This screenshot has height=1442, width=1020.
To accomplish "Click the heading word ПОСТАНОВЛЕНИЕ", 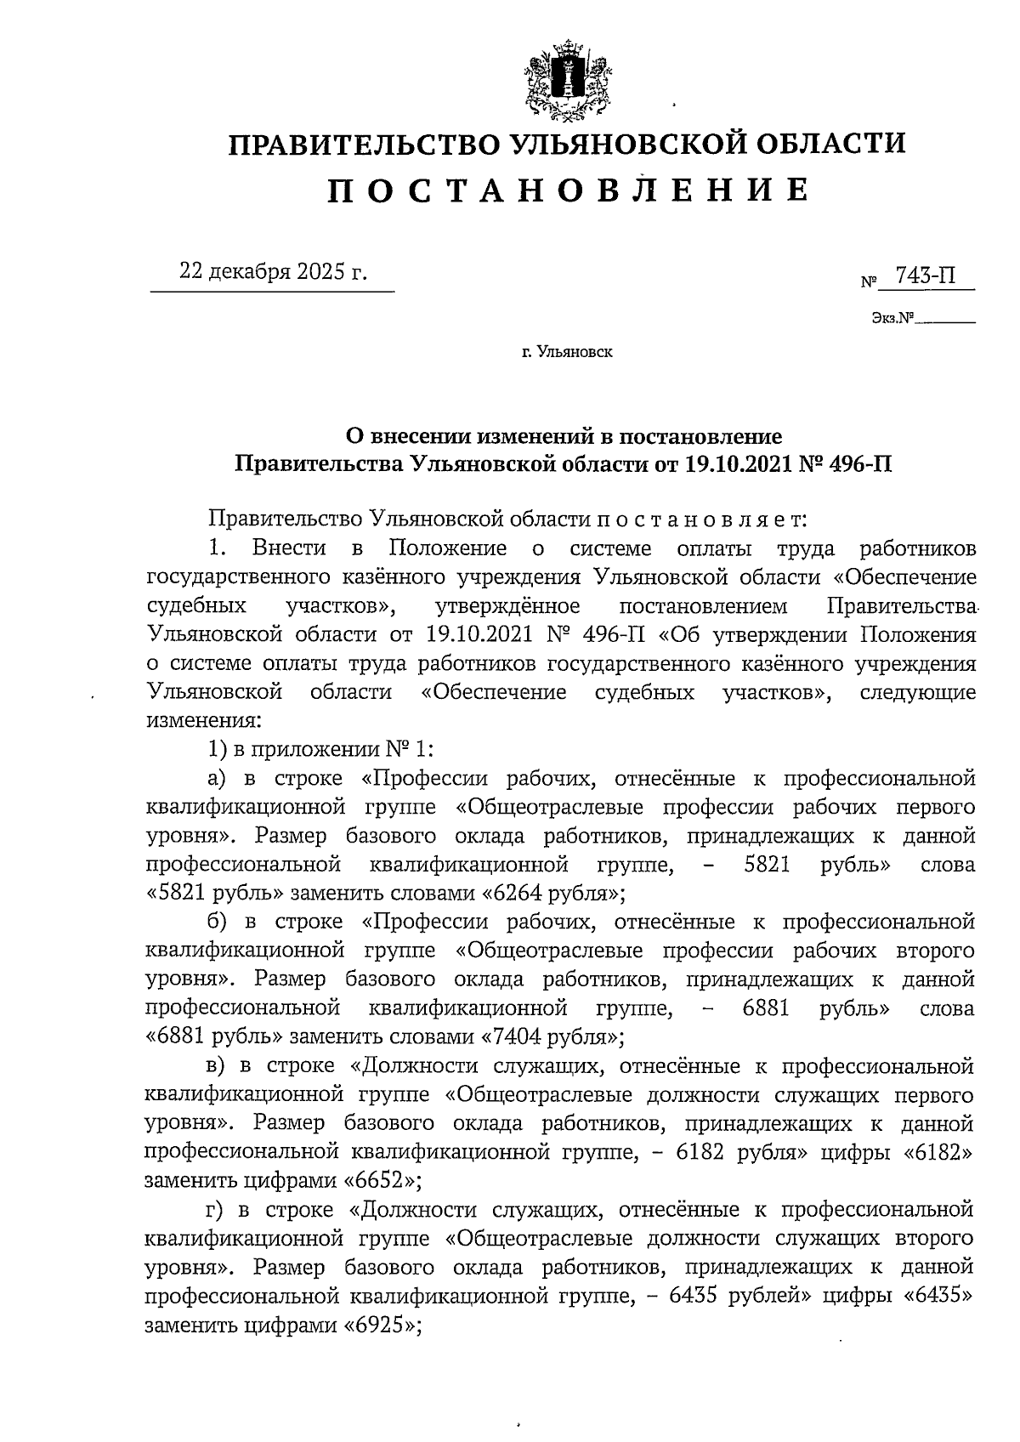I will pyautogui.click(x=568, y=190).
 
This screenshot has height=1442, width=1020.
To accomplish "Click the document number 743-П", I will pyautogui.click(x=919, y=276).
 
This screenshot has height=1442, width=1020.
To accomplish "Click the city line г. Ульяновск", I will pyautogui.click(x=567, y=351).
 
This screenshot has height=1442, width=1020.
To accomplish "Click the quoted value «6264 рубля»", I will pyautogui.click(x=553, y=894).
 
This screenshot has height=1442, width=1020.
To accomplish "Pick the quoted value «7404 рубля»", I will pyautogui.click(x=553, y=1037).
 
